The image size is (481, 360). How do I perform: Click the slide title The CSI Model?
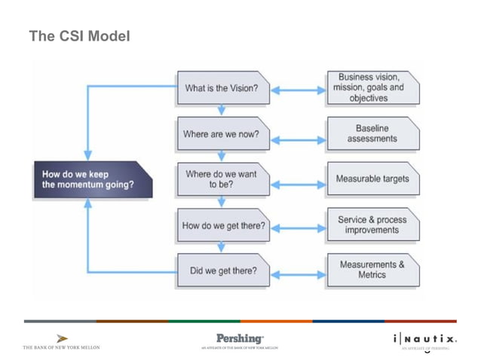click(x=79, y=35)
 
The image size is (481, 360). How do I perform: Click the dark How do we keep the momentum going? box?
click(x=93, y=180)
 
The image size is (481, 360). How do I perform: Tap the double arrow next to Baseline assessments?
click(x=298, y=139)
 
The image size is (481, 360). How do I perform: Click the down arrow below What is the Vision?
click(x=222, y=111)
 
